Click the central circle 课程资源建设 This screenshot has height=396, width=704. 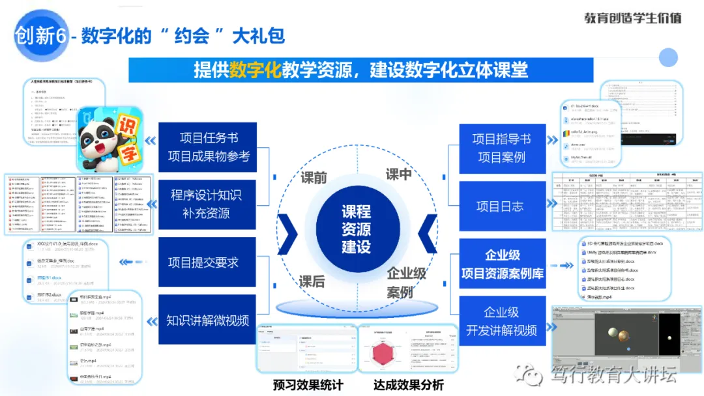(357, 229)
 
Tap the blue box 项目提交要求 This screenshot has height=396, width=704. (203, 262)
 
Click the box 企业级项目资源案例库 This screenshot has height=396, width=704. (501, 264)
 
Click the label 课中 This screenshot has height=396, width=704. (398, 174)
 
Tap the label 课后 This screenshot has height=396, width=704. (312, 281)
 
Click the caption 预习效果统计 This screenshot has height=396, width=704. (308, 384)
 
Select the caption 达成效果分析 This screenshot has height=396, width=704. (409, 384)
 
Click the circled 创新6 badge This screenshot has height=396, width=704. (40, 36)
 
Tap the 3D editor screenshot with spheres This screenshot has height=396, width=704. (626, 339)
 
